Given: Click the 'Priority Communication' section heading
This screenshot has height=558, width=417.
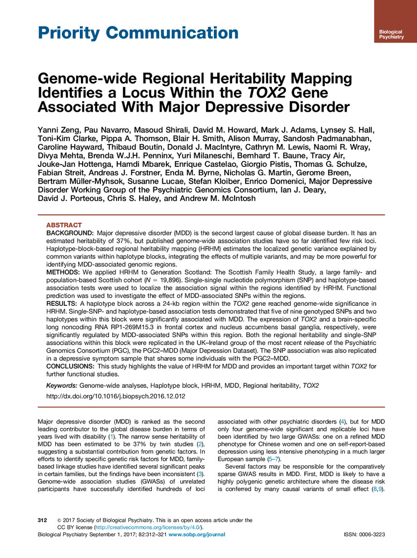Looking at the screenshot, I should pos(137,32).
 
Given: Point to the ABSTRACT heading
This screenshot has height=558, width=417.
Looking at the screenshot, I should pos(63,224).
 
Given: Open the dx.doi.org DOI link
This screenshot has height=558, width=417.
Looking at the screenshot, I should pos(122,397).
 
